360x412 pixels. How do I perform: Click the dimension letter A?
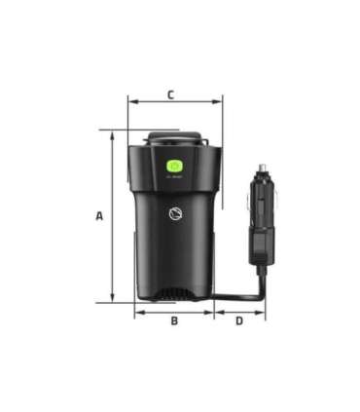98,216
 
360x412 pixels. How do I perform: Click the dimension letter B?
174,320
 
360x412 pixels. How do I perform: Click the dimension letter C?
170,94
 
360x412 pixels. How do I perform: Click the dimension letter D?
239,320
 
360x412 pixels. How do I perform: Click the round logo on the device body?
175,216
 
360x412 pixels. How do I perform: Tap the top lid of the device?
175,139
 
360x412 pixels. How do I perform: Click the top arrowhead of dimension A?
113,134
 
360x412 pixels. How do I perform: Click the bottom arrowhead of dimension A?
113,300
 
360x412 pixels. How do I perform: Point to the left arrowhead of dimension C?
131,99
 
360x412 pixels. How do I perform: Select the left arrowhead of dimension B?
137,313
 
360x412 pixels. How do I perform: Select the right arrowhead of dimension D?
262,313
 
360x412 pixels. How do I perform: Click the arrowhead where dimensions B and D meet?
214,313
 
